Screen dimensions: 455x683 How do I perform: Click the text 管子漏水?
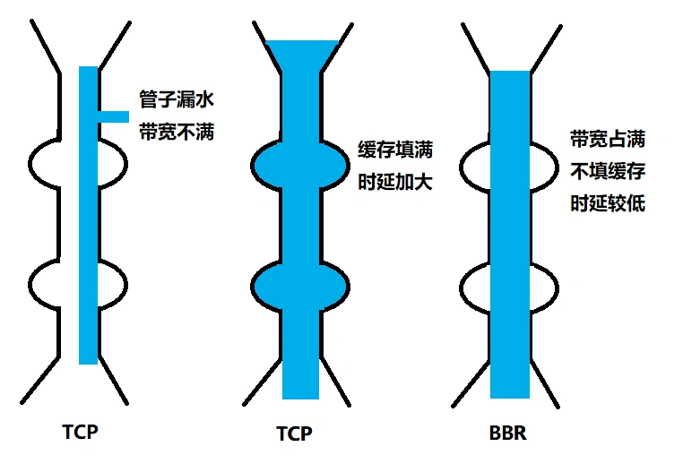coord(177,97)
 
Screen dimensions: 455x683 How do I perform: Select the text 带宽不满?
coord(177,132)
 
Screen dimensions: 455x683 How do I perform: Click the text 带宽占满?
coord(607,138)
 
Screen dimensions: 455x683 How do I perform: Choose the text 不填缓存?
coord(607,170)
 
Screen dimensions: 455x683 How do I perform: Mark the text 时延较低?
coord(607,203)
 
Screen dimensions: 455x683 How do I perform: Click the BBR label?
coord(508,433)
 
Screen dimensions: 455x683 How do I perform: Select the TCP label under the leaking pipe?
coord(80,431)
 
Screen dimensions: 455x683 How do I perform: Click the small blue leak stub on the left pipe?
coord(114,116)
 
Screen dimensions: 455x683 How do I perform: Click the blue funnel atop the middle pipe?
coord(301,56)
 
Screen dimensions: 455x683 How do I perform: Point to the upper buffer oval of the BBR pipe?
coord(473,163)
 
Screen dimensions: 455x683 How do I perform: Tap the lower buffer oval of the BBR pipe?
coord(473,285)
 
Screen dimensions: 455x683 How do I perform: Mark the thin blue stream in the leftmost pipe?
coord(88,224)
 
